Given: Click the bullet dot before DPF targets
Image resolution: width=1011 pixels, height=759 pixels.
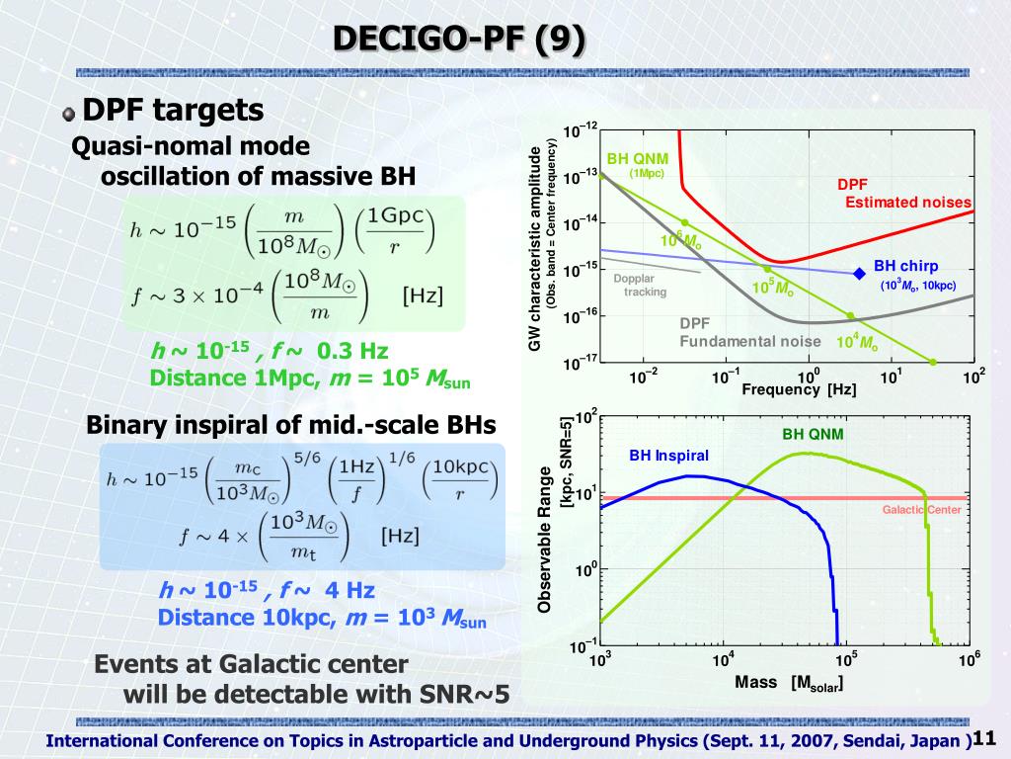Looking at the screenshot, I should (67, 114).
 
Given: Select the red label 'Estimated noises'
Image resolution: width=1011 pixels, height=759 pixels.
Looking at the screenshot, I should (908, 203).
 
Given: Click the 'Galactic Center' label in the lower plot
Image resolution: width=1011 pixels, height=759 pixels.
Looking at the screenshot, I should (921, 510).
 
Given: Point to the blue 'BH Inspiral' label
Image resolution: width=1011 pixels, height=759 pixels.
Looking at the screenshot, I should (669, 456).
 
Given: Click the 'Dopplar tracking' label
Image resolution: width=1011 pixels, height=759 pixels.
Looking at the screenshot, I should (640, 285).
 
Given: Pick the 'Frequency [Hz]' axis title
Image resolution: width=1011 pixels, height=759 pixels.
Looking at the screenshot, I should (799, 389).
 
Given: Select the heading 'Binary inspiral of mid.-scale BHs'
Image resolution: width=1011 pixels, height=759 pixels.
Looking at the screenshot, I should (291, 425).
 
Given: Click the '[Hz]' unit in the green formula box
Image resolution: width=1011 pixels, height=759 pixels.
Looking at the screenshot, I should (422, 295).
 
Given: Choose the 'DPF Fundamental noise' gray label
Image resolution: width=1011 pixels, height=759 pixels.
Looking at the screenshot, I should (750, 332).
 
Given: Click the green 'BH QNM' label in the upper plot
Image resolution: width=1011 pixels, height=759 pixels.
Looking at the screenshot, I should (637, 158).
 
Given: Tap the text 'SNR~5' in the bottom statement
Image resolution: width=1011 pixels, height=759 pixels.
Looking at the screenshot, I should (470, 694).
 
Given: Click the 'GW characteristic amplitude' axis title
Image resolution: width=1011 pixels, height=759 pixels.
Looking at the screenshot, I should (534, 248).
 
